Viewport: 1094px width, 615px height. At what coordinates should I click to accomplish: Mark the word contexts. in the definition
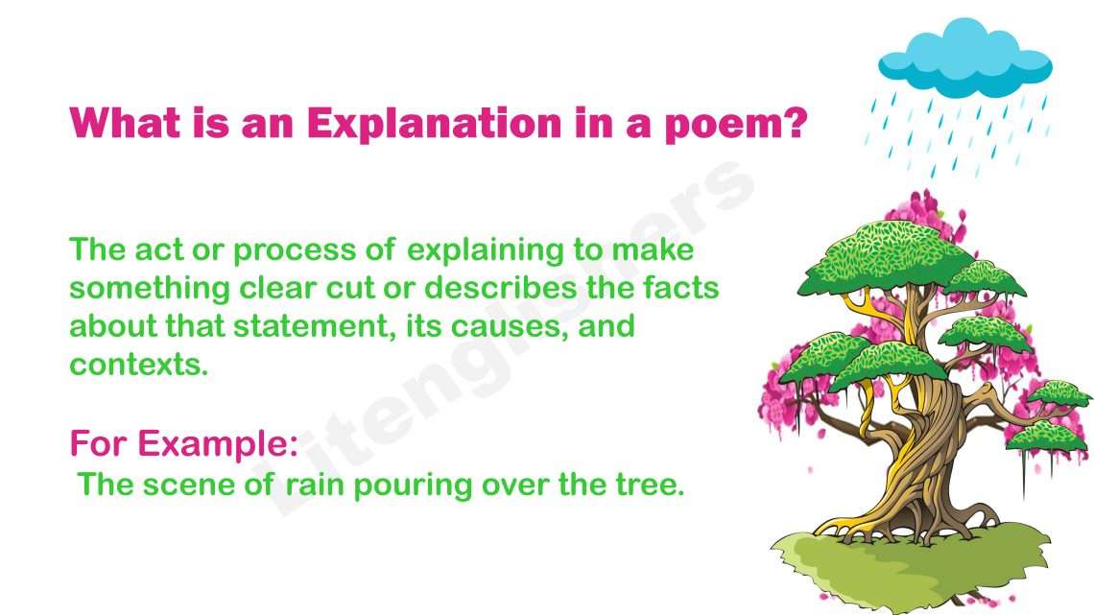click(x=138, y=365)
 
